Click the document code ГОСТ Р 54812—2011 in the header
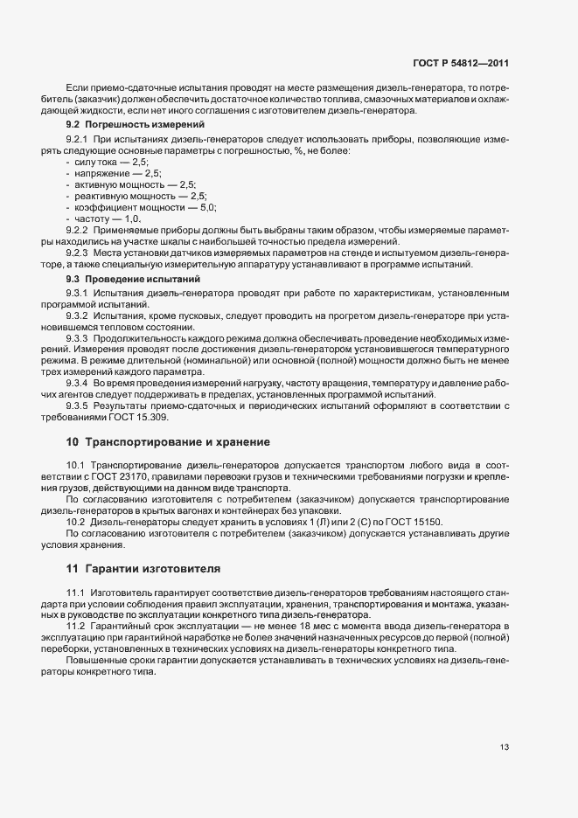[x=462, y=64]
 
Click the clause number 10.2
[x=75, y=522]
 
